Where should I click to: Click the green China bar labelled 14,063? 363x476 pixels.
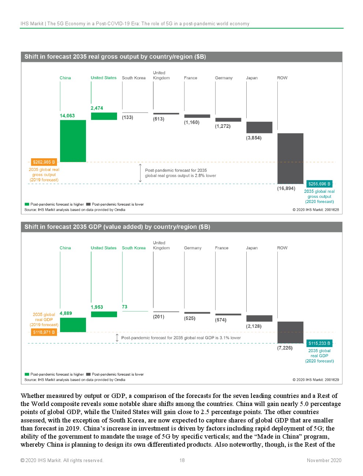point(73,141)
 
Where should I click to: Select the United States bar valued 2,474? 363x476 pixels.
point(104,116)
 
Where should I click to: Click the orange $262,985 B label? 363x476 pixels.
point(44,162)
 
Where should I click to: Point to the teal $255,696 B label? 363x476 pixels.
point(319,184)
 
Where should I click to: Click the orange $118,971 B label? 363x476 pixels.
point(44,332)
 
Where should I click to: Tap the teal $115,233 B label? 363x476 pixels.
point(319,343)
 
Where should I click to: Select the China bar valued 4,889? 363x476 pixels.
point(73,325)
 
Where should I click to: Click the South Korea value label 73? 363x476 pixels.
point(125,307)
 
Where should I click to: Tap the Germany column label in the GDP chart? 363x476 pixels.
point(192,248)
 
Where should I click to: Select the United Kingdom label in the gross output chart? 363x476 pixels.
point(161,75)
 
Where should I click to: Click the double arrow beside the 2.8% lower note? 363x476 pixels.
point(140,173)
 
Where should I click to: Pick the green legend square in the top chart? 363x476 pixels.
point(27,204)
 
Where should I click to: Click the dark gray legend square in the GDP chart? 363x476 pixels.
point(88,374)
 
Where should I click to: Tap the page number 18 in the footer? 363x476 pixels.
point(182,461)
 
